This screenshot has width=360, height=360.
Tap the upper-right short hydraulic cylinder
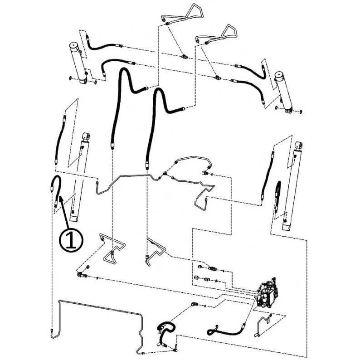pos(284,93)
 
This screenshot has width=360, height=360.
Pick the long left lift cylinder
pos(80,177)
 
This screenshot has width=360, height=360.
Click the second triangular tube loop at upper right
pos(217,35)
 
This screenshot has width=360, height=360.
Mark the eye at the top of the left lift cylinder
pos(86,136)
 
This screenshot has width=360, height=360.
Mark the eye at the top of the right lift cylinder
pos(299,145)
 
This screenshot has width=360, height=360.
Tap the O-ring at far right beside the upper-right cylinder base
pos(301,112)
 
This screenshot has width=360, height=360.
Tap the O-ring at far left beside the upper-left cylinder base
pos(70,78)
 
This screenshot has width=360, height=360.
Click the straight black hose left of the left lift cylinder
pos(60,140)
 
